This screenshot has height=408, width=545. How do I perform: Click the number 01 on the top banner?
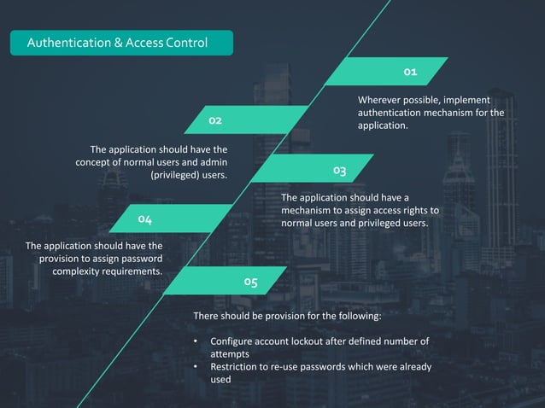click(x=410, y=72)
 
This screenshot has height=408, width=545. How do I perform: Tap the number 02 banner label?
click(x=214, y=121)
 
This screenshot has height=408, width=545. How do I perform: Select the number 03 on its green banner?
click(x=339, y=171)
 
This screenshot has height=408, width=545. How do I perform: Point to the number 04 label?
click(x=145, y=220)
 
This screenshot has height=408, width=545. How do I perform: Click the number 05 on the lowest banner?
click(x=250, y=281)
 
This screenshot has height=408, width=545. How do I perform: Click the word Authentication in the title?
click(x=64, y=43)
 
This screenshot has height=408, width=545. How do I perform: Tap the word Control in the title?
click(x=186, y=43)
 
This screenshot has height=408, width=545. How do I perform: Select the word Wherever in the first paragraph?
click(x=381, y=100)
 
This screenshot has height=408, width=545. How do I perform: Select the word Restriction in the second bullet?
click(x=237, y=367)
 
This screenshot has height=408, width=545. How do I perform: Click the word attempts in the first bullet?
click(x=230, y=354)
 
